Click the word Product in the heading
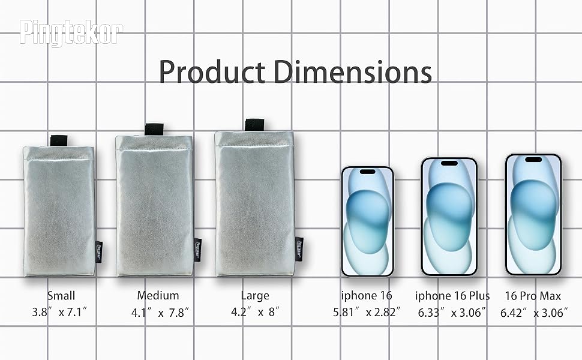coord(212,71)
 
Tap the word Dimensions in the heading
coord(353,71)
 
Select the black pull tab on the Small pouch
coord(59,140)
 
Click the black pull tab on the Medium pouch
coord(154,129)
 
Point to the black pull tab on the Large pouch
coord(254,125)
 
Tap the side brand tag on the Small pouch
coord(99,252)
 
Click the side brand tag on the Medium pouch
coord(198,250)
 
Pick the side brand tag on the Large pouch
coord(299,249)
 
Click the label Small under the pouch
coord(61,296)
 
